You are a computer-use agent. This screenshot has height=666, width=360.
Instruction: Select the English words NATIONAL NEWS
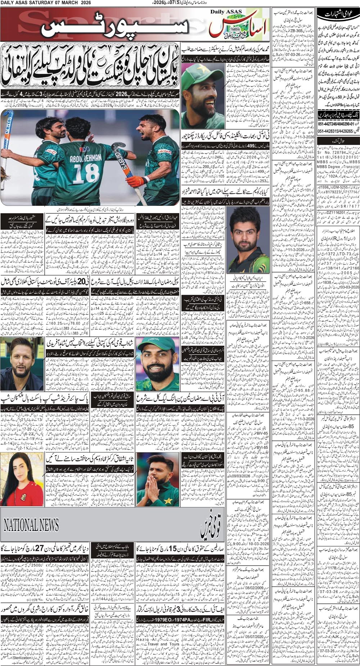tap(31, 525)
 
